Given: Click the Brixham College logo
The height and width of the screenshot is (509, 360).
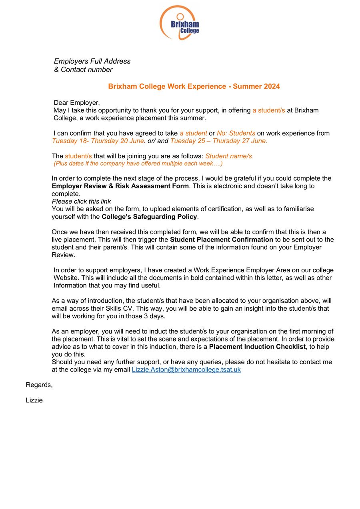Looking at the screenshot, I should click(x=180, y=22).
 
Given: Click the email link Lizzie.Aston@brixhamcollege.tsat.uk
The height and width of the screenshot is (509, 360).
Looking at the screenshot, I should click(x=186, y=369).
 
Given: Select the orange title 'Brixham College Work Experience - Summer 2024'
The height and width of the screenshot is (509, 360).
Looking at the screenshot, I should click(x=194, y=86).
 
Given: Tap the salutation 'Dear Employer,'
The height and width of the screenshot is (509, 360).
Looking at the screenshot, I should click(x=76, y=103).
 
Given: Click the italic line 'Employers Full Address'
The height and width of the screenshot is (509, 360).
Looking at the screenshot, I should click(x=92, y=61).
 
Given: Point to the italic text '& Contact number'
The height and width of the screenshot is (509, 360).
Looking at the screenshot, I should click(x=83, y=70).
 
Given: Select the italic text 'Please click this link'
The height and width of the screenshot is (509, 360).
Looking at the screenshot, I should click(x=81, y=201).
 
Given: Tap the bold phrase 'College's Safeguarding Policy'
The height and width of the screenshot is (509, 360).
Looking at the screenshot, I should click(x=149, y=217).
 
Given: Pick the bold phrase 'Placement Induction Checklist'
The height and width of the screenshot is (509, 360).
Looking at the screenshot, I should click(x=257, y=347).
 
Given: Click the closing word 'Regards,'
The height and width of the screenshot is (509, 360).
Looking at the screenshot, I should click(x=39, y=385).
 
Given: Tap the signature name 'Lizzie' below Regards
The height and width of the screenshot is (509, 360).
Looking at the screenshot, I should click(x=34, y=400).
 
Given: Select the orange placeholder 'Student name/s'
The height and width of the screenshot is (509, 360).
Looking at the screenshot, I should click(x=228, y=156).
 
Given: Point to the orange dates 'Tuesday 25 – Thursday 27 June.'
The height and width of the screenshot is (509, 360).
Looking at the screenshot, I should click(x=219, y=141).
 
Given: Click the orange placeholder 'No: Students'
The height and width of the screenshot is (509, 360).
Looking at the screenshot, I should click(x=236, y=133).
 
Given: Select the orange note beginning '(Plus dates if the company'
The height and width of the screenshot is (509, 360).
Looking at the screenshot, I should click(x=138, y=164).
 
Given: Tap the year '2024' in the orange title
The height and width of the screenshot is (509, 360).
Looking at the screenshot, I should click(x=272, y=86).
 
